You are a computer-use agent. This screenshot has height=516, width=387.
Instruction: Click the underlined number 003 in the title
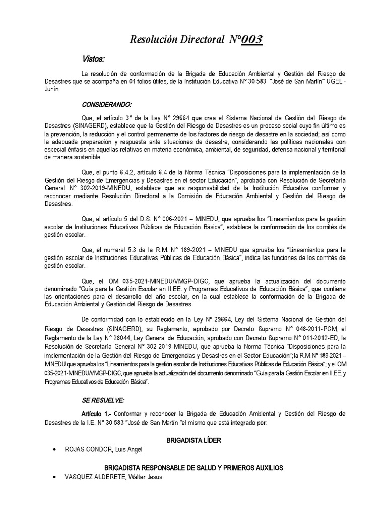tap(252, 40)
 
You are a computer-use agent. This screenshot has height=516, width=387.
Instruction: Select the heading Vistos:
tap(94, 60)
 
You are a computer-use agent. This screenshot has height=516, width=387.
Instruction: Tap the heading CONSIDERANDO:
tap(106, 105)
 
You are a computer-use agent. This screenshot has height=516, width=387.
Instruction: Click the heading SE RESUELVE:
tap(103, 400)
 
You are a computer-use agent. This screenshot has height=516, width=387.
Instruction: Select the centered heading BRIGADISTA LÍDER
tap(193, 441)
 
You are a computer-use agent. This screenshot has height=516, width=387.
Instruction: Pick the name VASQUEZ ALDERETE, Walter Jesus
tap(113, 477)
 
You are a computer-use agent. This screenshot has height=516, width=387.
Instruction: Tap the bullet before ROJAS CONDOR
tap(54, 450)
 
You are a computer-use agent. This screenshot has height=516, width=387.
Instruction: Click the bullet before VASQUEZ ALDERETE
tap(54, 477)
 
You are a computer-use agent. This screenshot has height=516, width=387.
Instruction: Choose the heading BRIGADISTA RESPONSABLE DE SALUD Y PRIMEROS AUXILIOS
tap(193, 468)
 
